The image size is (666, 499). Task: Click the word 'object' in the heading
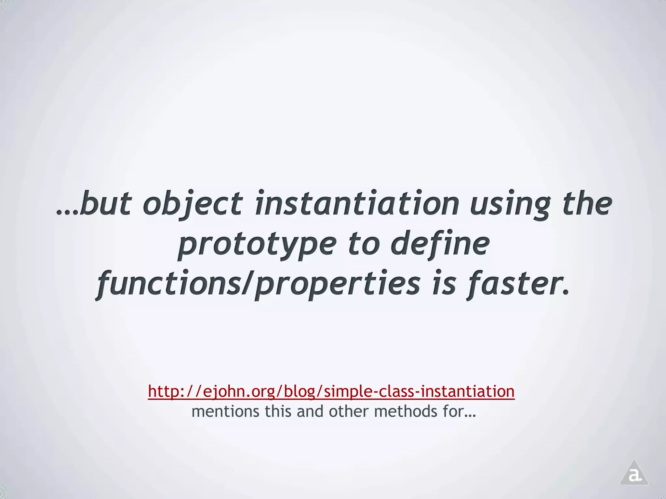point(193,204)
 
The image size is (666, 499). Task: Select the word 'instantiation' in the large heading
point(357,203)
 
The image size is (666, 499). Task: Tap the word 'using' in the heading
point(510,204)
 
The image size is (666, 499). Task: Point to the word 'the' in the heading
point(587,203)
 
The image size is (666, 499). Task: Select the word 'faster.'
point(518,283)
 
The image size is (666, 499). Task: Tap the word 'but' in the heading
point(105,204)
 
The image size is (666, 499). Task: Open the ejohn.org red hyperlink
point(331,391)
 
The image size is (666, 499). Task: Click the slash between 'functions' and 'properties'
point(247,283)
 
